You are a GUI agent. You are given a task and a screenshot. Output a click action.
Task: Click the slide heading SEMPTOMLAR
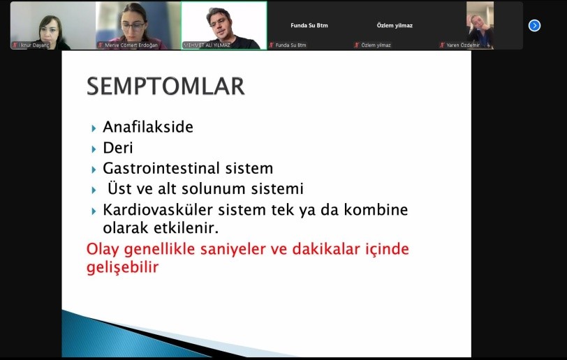(x=165, y=86)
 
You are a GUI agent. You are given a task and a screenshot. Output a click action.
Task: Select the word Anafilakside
(x=148, y=127)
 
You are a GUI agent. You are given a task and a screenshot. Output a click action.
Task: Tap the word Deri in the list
(x=118, y=147)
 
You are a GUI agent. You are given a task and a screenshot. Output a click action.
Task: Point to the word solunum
(x=214, y=188)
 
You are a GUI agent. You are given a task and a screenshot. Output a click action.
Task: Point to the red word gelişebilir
(x=123, y=267)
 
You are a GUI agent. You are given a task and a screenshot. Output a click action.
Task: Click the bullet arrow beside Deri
(x=94, y=149)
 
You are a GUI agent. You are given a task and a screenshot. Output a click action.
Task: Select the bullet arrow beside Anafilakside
(x=94, y=128)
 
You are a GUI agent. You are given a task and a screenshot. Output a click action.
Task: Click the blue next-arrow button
(x=534, y=26)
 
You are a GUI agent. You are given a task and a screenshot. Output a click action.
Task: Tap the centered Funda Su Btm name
(x=309, y=25)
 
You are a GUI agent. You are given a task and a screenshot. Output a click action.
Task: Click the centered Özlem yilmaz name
(x=395, y=25)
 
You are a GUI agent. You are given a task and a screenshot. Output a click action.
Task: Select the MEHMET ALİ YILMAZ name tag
(x=207, y=45)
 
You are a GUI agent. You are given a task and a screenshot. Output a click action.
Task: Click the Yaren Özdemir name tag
(x=463, y=45)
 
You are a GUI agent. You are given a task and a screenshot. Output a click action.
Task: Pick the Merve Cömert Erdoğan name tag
(x=131, y=45)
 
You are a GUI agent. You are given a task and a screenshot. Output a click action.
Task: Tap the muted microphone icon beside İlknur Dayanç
(x=15, y=45)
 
